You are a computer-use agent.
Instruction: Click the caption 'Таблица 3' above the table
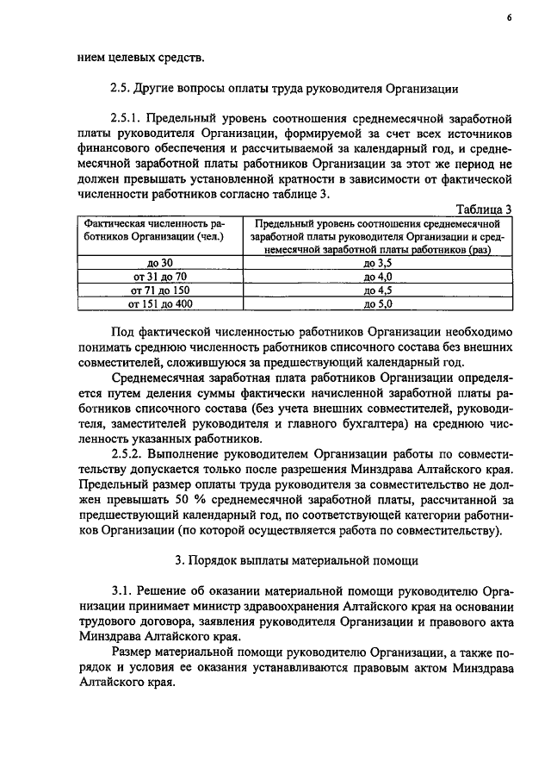click(485, 209)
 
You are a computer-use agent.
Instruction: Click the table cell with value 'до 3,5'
click(378, 262)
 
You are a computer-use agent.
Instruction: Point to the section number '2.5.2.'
click(131, 452)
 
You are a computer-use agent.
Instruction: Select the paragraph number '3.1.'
click(127, 591)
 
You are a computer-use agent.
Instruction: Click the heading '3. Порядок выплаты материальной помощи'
click(296, 561)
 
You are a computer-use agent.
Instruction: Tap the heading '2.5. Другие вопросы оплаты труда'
click(284, 88)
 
